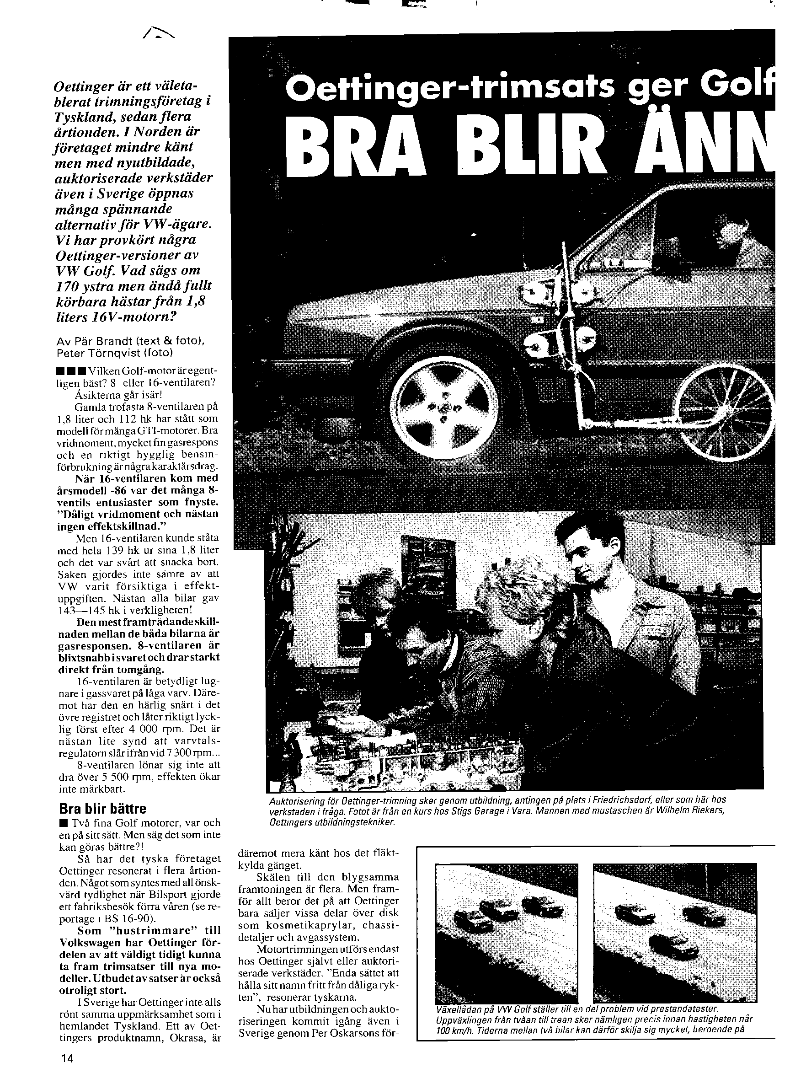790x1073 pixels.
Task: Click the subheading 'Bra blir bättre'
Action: tap(102, 809)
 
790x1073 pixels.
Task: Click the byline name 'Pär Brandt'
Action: tap(103, 342)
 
